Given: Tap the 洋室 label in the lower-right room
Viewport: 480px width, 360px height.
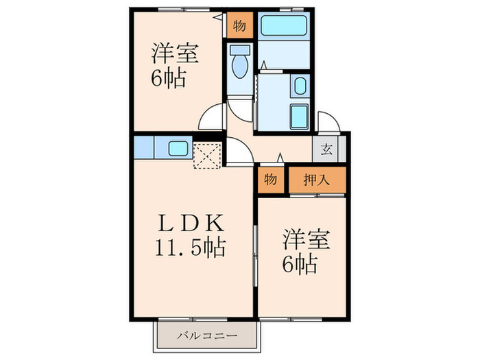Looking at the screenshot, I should [x=306, y=241].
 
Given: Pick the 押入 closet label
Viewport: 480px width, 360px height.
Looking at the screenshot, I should [x=317, y=180].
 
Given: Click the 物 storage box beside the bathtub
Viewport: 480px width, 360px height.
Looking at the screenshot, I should [x=239, y=26].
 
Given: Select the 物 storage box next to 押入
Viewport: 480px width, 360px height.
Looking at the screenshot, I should [x=271, y=180].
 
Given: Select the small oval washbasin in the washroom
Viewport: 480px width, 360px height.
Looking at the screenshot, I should [x=300, y=86].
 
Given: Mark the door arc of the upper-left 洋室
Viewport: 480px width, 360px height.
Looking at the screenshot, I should [x=211, y=118].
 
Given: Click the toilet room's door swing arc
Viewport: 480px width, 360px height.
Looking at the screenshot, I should [x=241, y=108].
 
